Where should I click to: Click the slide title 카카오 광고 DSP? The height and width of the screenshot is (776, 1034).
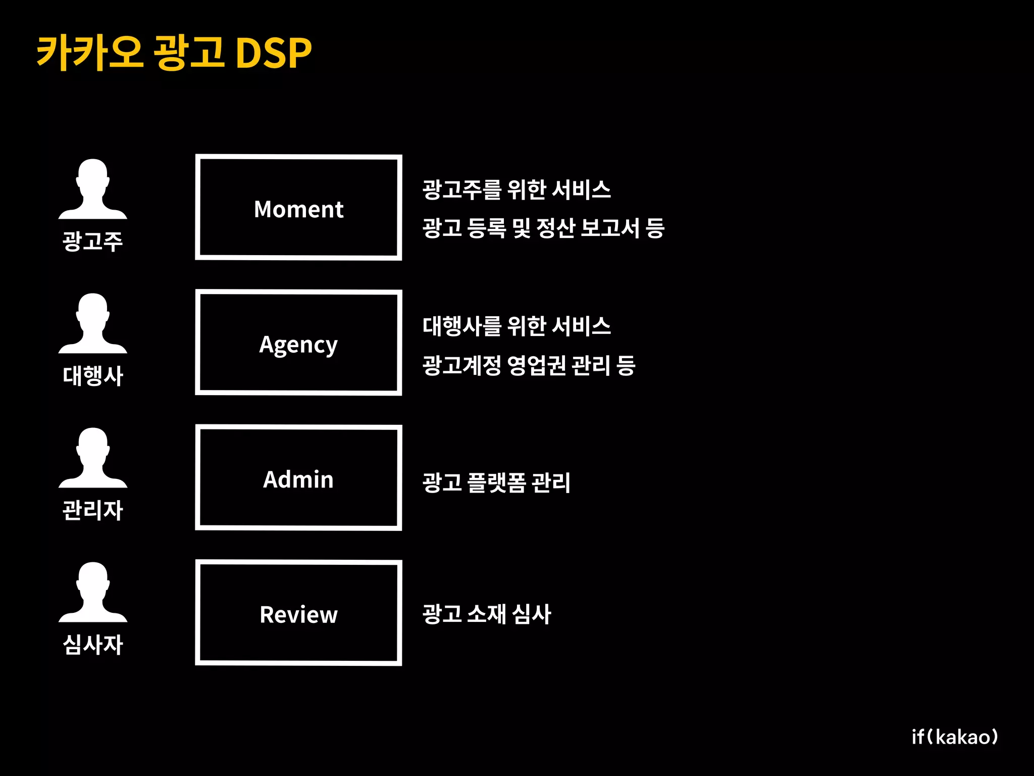pos(174,53)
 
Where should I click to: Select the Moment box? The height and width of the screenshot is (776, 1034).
pos(298,208)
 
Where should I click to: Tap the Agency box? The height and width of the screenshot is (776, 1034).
pos(298,343)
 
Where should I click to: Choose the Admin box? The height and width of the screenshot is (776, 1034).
pos(298,478)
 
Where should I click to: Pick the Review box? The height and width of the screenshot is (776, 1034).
pos(298,613)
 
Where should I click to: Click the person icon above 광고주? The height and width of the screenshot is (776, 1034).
pos(93,189)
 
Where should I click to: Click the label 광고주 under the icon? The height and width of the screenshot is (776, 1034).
pos(93,241)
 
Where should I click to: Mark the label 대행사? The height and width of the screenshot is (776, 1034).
pos(93,376)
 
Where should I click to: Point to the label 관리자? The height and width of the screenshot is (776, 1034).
pos(93,510)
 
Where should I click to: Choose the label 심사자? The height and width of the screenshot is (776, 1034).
pos(93,645)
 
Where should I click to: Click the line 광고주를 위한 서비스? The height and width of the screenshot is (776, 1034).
pos(516,190)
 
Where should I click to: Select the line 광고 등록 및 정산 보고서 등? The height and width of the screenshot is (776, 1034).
pos(543,228)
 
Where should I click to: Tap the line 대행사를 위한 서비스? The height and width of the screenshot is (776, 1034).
pos(516,326)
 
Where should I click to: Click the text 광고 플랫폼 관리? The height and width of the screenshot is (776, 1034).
pos(496,482)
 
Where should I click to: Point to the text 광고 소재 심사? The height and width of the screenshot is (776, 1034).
pos(487,614)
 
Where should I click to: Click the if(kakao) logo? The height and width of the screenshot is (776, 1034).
pos(955,737)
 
